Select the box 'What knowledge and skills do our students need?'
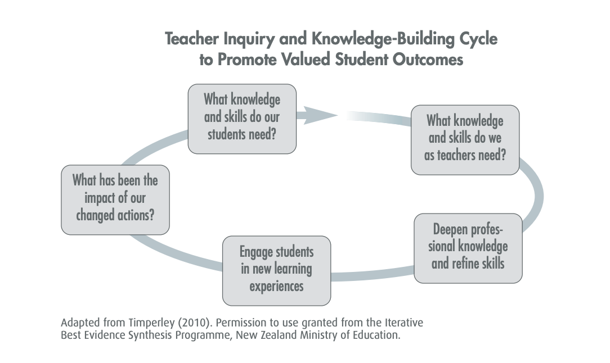pyautogui.click(x=242, y=119)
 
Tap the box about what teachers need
pyautogui.click(x=465, y=139)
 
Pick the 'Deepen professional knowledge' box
pyautogui.click(x=468, y=248)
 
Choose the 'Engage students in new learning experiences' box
pyautogui.click(x=276, y=270)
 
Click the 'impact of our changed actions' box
pyautogui.click(x=115, y=199)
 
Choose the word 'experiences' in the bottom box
pyautogui.click(x=276, y=287)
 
